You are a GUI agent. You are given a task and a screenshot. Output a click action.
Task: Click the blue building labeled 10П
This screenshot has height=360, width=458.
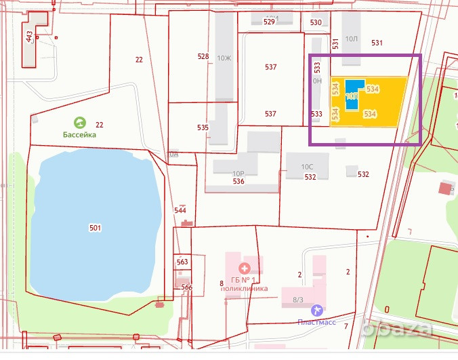(352, 94)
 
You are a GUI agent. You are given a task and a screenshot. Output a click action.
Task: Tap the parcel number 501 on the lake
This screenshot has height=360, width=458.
(95, 228)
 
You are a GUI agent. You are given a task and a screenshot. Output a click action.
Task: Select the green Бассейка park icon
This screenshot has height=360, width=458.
(80, 123)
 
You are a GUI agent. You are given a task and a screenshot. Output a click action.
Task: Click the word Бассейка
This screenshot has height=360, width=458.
(80, 134)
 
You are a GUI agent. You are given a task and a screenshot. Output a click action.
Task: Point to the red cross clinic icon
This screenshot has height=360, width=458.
(244, 268)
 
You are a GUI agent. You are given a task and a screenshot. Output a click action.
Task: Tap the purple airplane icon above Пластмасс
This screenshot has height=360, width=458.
(316, 310)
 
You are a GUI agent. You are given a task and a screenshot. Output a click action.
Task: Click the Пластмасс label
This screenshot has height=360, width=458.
(316, 321)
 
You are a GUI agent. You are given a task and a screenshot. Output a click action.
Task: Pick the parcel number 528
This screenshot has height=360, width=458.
(203, 56)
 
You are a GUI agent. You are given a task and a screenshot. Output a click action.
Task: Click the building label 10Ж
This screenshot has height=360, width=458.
(224, 58)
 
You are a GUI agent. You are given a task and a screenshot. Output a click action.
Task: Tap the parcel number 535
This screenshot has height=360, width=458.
(203, 127)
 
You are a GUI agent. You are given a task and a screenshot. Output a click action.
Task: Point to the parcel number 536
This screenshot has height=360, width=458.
(238, 181)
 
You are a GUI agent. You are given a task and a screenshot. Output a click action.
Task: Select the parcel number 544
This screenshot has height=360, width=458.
(180, 210)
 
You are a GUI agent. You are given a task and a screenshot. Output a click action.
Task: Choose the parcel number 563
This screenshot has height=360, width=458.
(182, 262)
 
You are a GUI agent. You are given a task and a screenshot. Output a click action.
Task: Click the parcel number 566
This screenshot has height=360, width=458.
(187, 287)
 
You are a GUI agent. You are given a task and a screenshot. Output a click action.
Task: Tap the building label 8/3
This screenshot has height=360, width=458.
(297, 299)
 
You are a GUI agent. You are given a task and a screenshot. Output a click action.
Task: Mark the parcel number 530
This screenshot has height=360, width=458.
(316, 22)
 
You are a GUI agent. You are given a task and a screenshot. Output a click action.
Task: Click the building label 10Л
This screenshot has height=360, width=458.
(351, 39)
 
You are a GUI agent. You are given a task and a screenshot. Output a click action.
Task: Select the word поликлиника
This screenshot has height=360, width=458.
(245, 288)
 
